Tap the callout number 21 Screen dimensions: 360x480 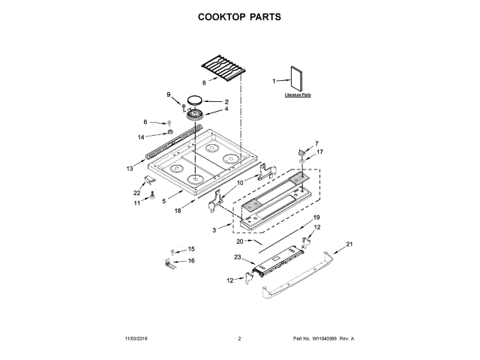pos(349,244)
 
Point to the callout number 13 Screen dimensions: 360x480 pos(130,169)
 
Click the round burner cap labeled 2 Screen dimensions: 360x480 pos(195,100)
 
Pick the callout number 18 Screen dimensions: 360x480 pos(178,211)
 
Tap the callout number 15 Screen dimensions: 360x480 pos(190,249)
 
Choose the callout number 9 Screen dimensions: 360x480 pos(169,94)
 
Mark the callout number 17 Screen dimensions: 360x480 pos(319,151)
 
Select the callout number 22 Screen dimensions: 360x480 pos(136,191)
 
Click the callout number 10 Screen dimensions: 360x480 pos(241,182)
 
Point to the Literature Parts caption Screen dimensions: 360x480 pos(298,97)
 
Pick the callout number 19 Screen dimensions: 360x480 pos(316,217)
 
